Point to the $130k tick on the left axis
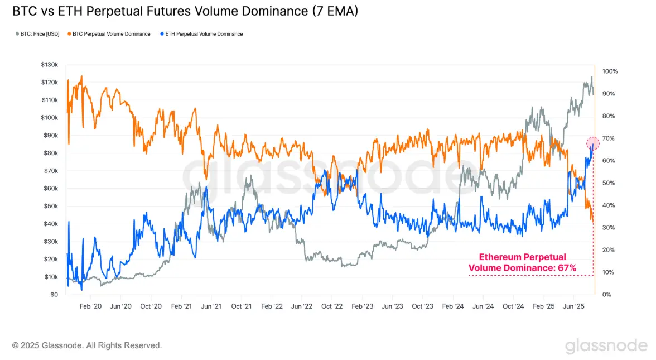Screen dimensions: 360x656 [x=49, y=65]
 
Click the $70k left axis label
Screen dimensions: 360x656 [x=50, y=171]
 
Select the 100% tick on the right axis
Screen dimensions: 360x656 [x=610, y=71]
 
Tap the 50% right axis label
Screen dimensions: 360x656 [x=608, y=183]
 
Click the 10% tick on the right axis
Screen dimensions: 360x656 [x=608, y=272]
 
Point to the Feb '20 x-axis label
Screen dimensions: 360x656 [x=90, y=306]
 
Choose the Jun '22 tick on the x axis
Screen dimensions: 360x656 [x=301, y=306]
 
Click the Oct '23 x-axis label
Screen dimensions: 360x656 [x=422, y=306]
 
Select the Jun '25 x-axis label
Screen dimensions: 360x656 [x=574, y=306]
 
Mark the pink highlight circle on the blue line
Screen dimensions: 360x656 [x=593, y=143]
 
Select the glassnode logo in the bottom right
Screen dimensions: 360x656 [x=606, y=346]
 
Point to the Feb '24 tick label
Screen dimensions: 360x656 [x=452, y=306]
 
